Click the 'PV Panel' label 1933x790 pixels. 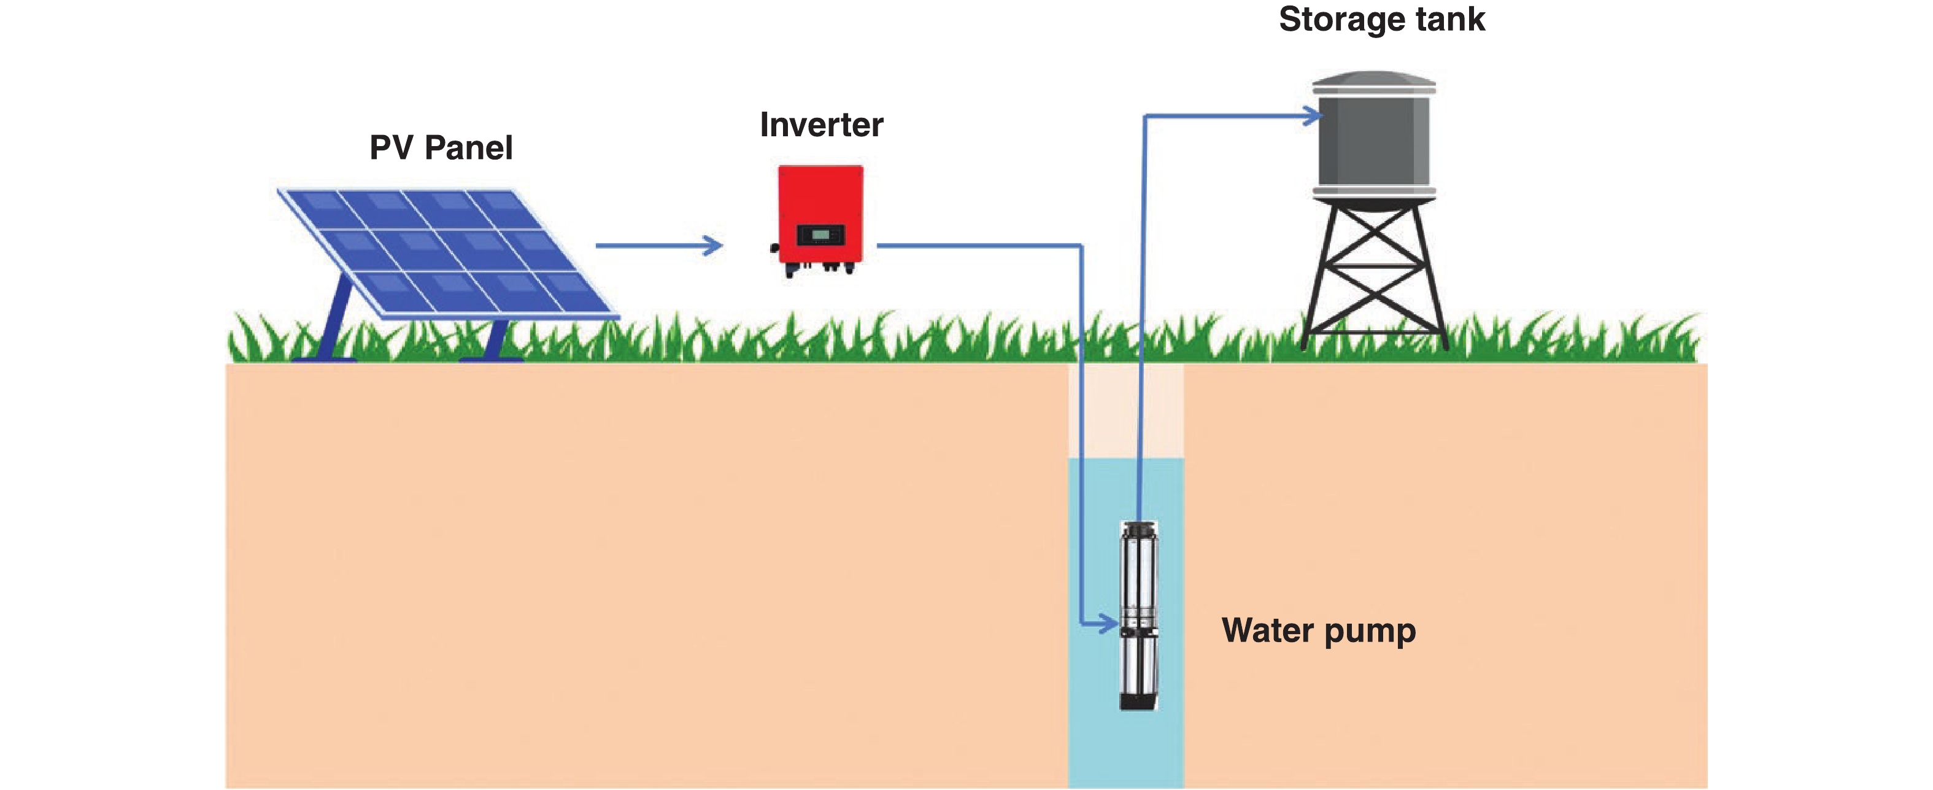pos(441,148)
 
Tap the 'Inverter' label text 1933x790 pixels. pos(821,125)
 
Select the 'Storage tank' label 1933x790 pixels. pos(1381,20)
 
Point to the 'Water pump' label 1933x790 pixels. pos(1319,631)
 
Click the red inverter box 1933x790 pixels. pos(820,203)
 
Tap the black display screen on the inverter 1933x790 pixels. pos(820,235)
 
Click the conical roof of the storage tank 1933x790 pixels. pos(1373,78)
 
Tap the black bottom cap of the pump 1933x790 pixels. pos(1138,702)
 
